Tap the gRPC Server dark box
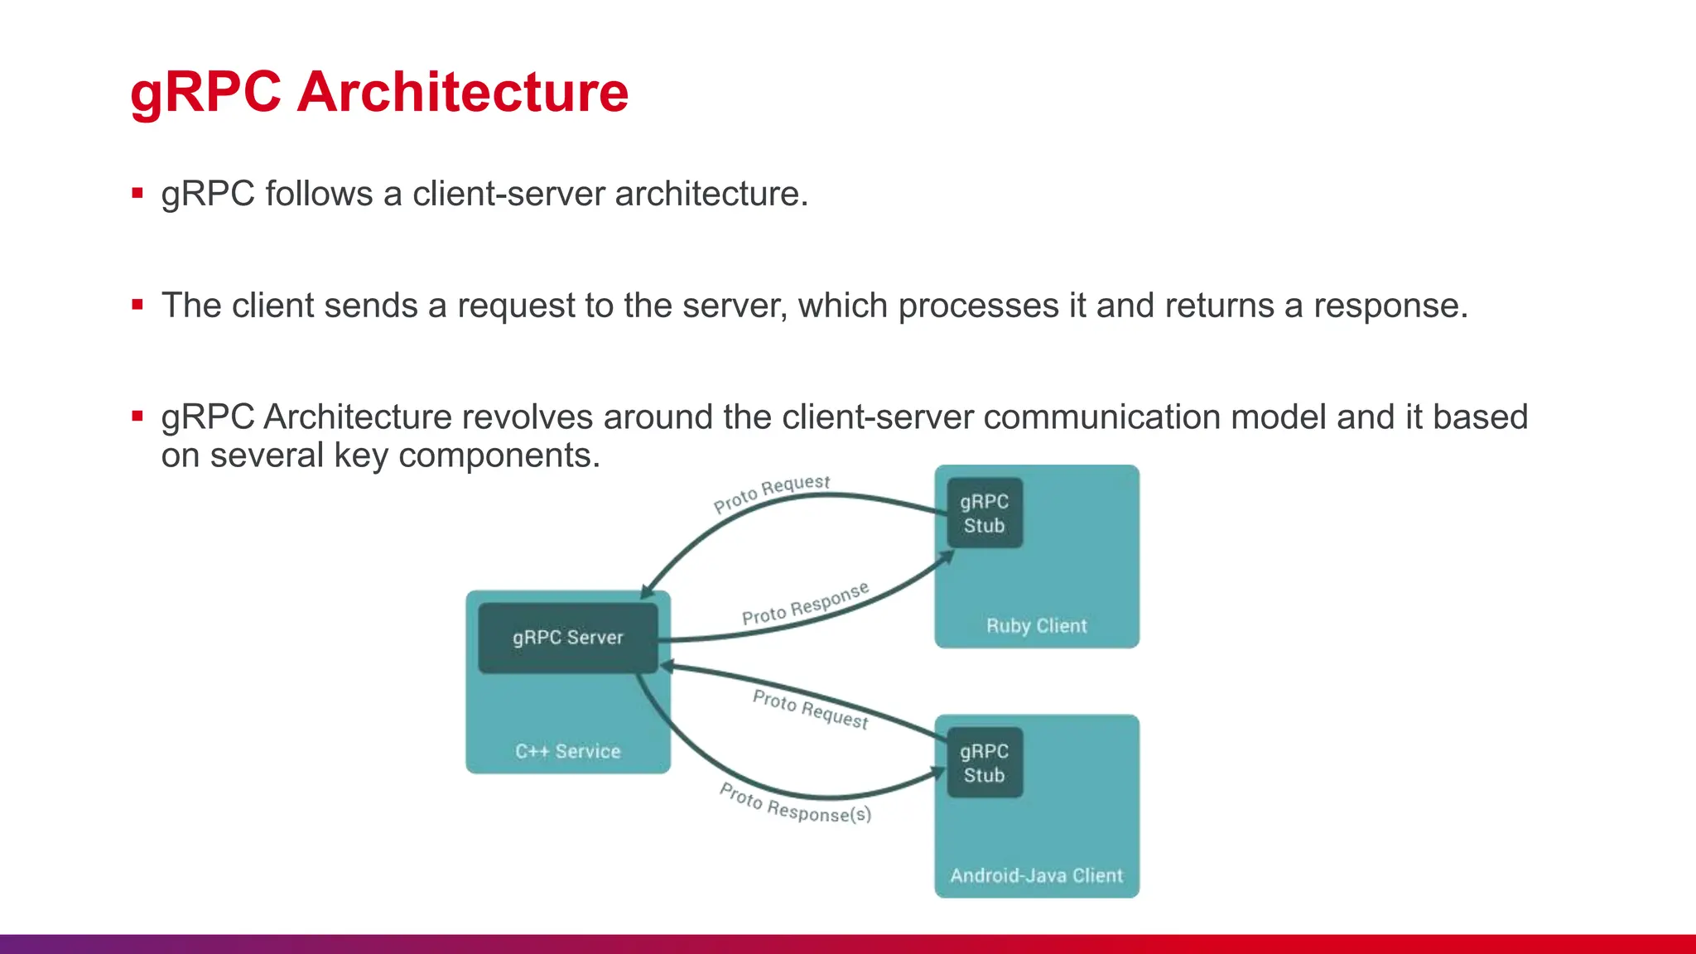click(567, 638)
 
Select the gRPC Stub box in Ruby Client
click(984, 513)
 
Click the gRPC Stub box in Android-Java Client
click(984, 763)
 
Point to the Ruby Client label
click(1036, 626)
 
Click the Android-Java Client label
click(1036, 875)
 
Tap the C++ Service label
click(567, 751)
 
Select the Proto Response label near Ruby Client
click(805, 605)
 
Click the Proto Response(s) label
click(795, 803)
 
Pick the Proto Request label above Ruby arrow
click(771, 493)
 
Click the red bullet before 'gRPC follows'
click(137, 194)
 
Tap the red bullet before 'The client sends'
click(137, 305)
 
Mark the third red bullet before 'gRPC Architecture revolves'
click(137, 417)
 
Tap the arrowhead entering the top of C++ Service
click(648, 591)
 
